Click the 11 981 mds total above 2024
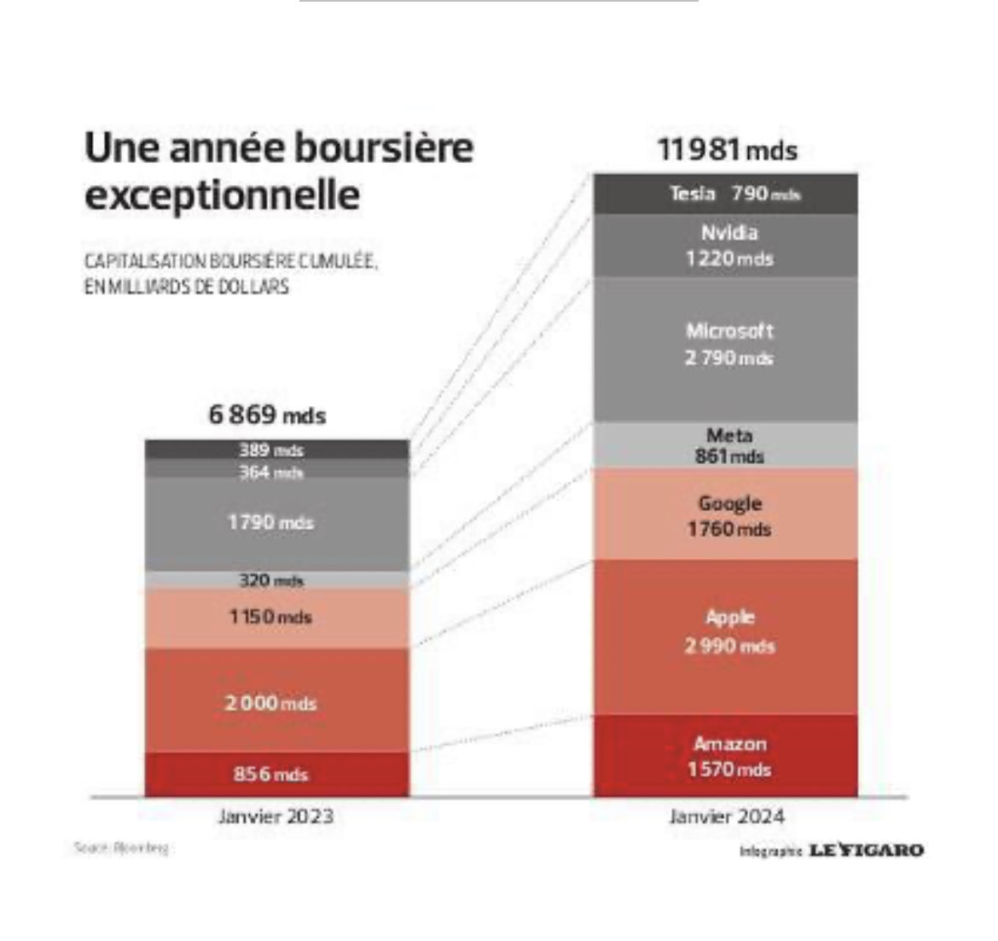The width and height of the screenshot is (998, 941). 727,150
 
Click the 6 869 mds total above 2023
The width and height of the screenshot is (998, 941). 267,415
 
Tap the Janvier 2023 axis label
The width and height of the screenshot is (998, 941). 276,816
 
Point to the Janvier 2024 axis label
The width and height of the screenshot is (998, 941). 727,816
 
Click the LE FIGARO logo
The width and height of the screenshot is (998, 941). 866,850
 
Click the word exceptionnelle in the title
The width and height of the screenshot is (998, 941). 222,195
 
